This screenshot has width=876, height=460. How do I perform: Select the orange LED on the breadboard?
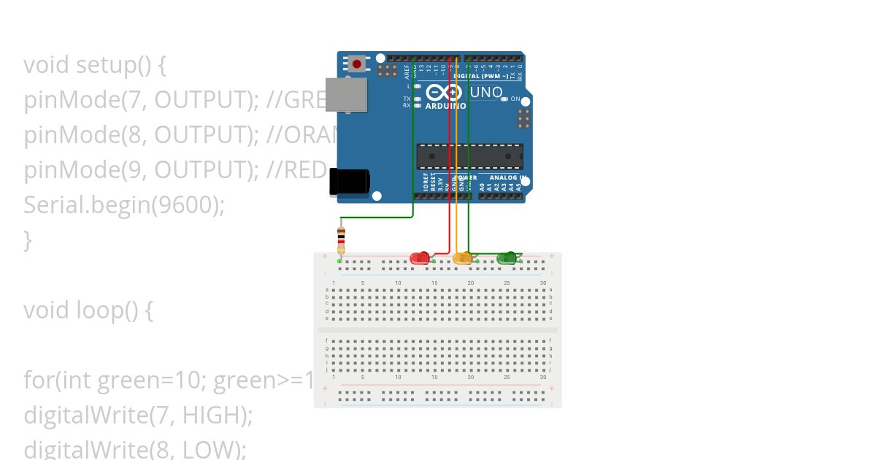click(462, 258)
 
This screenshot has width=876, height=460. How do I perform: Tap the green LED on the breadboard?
click(506, 258)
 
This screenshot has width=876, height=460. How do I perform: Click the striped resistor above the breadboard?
click(341, 238)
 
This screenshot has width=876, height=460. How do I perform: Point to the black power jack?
click(349, 183)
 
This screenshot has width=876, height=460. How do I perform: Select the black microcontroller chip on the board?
click(469, 156)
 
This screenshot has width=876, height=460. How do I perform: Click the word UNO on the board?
click(486, 92)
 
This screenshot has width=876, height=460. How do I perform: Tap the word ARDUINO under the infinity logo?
click(445, 106)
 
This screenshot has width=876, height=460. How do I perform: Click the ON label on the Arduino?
click(515, 99)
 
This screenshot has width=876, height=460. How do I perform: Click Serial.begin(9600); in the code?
click(124, 205)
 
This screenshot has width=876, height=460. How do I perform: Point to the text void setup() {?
click(95, 65)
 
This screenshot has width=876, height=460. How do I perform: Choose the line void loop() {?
click(88, 310)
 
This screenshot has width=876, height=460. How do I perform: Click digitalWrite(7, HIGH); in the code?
click(138, 415)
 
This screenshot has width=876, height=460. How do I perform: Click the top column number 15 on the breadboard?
click(434, 283)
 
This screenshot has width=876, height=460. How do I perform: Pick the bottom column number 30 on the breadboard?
click(543, 377)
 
